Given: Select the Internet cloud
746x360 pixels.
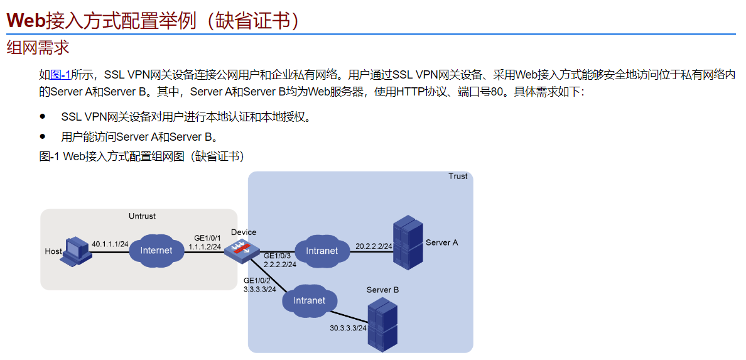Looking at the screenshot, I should pos(156,251).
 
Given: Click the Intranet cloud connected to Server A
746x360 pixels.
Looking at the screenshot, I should pos(322,251).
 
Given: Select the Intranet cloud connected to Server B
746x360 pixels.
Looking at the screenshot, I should pos(310,301).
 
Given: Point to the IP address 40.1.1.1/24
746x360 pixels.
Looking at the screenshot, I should pos(110,244).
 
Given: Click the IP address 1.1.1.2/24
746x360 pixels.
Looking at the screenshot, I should pos(205,247).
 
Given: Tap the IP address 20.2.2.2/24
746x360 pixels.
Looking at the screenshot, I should pos(374,246).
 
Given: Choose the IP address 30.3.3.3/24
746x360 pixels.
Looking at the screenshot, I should pos(348,328).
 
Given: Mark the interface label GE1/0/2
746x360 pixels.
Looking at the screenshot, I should pos(257,280).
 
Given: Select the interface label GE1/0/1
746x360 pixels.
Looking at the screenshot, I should pos(207,238).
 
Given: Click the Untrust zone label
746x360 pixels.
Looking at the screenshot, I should pos(142,216).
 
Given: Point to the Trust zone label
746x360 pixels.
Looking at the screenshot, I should pos(458,176).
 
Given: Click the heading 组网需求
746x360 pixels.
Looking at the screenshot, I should pos(38,47).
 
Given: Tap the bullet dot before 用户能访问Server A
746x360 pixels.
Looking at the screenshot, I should pos(43,136).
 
